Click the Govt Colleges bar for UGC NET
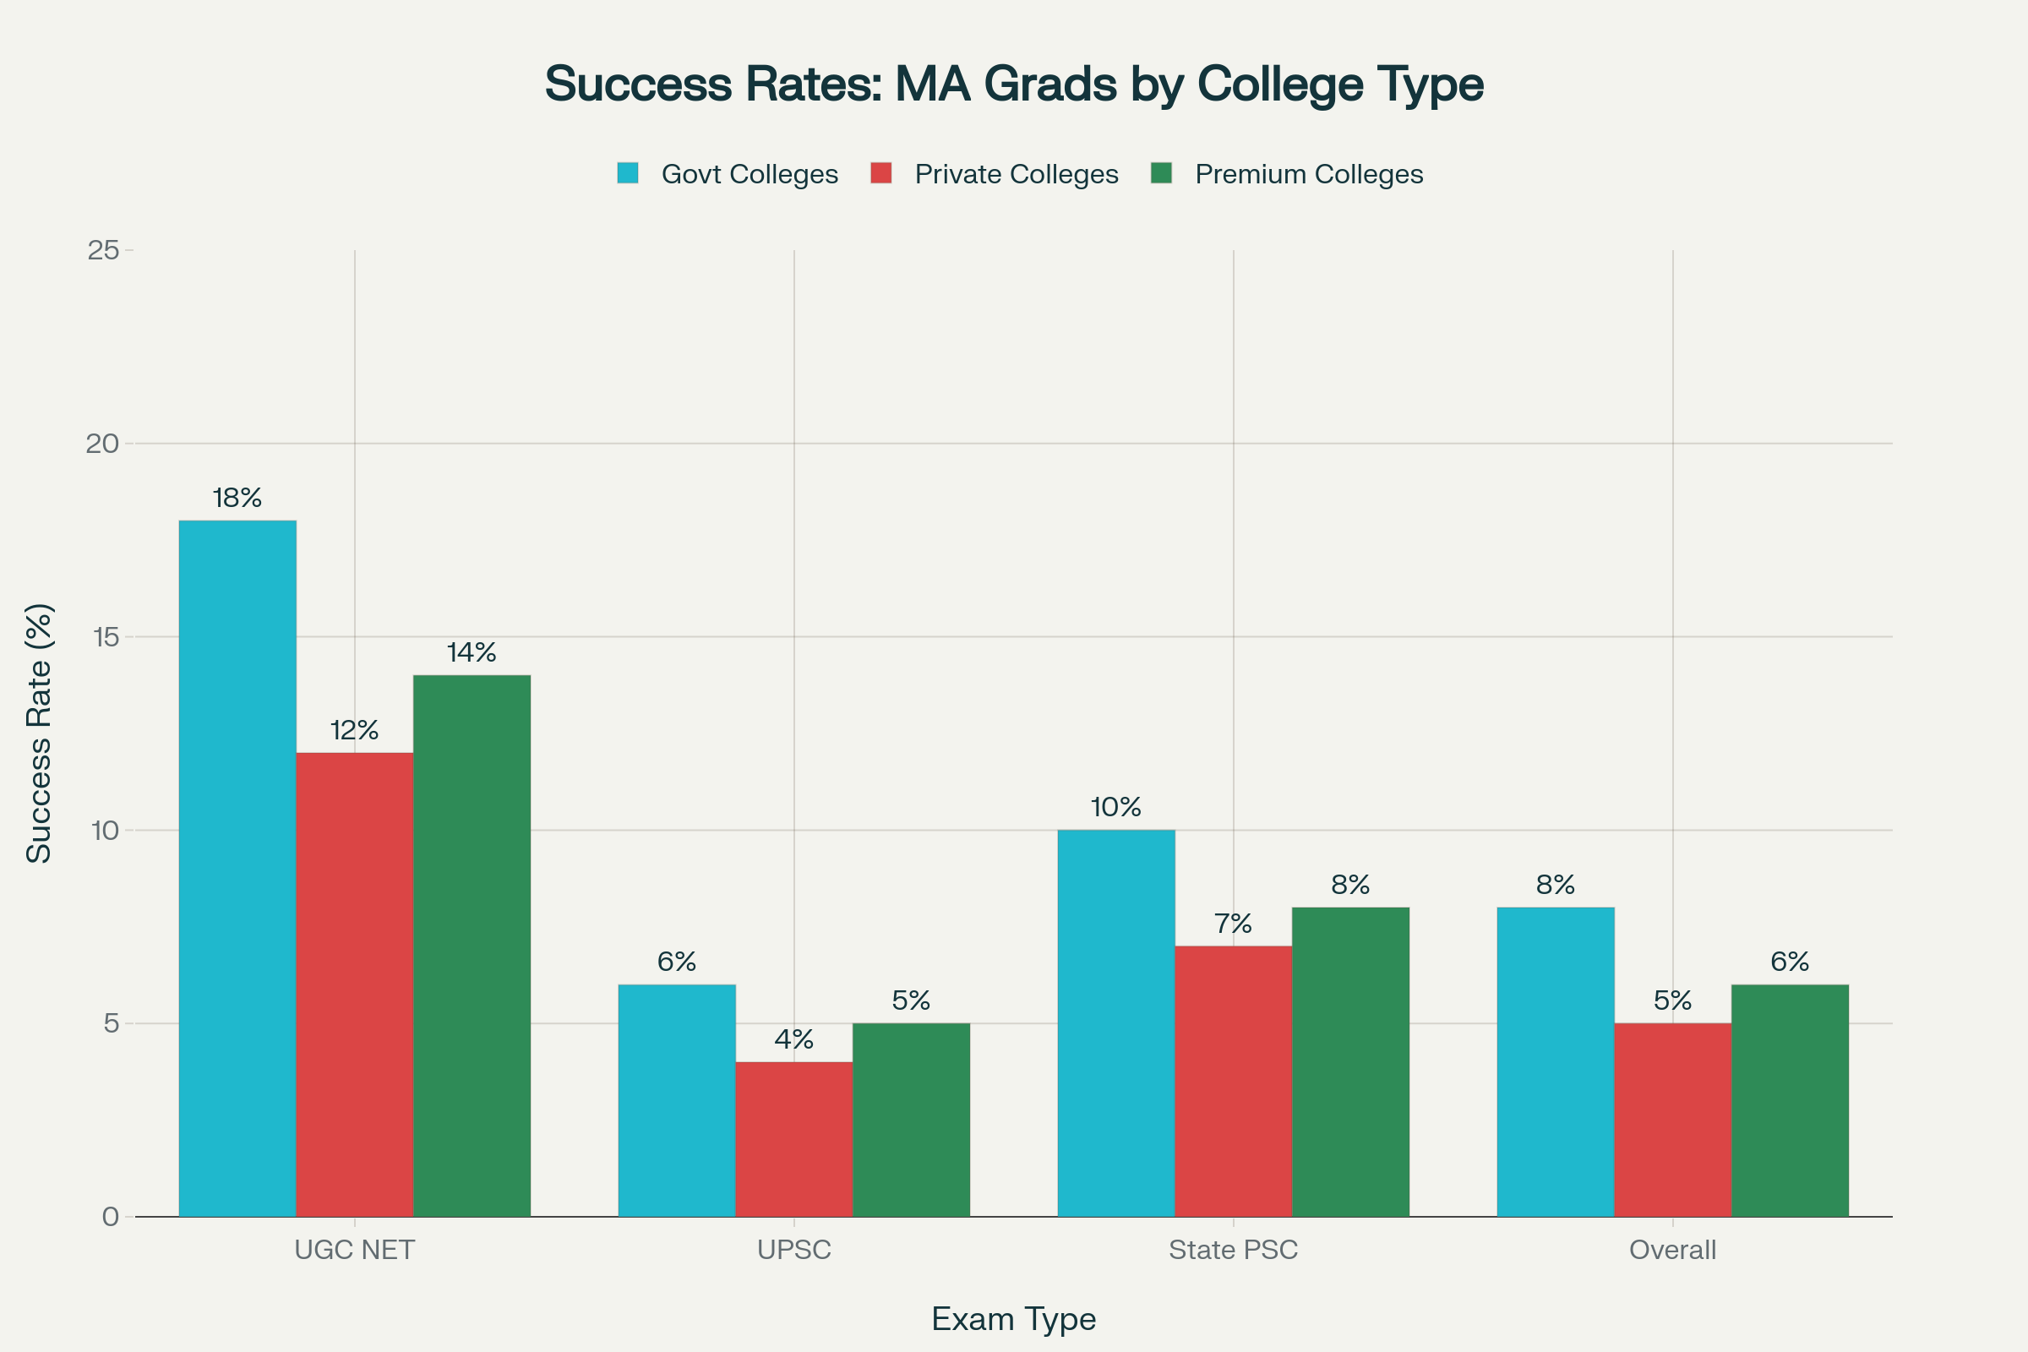point(237,869)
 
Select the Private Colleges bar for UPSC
point(793,1139)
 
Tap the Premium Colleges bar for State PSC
point(1350,1061)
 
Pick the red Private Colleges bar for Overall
point(1672,1120)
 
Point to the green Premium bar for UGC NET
point(472,946)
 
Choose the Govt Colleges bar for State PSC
point(1115,1023)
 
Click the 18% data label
point(237,499)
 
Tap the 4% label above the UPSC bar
point(793,1040)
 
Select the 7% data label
point(1233,924)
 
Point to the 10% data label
point(1115,808)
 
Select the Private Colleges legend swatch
point(880,173)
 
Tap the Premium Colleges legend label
point(1308,174)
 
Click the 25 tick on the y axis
point(103,250)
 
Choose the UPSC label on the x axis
point(793,1251)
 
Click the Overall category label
point(1672,1251)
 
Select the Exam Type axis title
point(1013,1319)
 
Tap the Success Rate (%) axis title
point(40,733)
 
